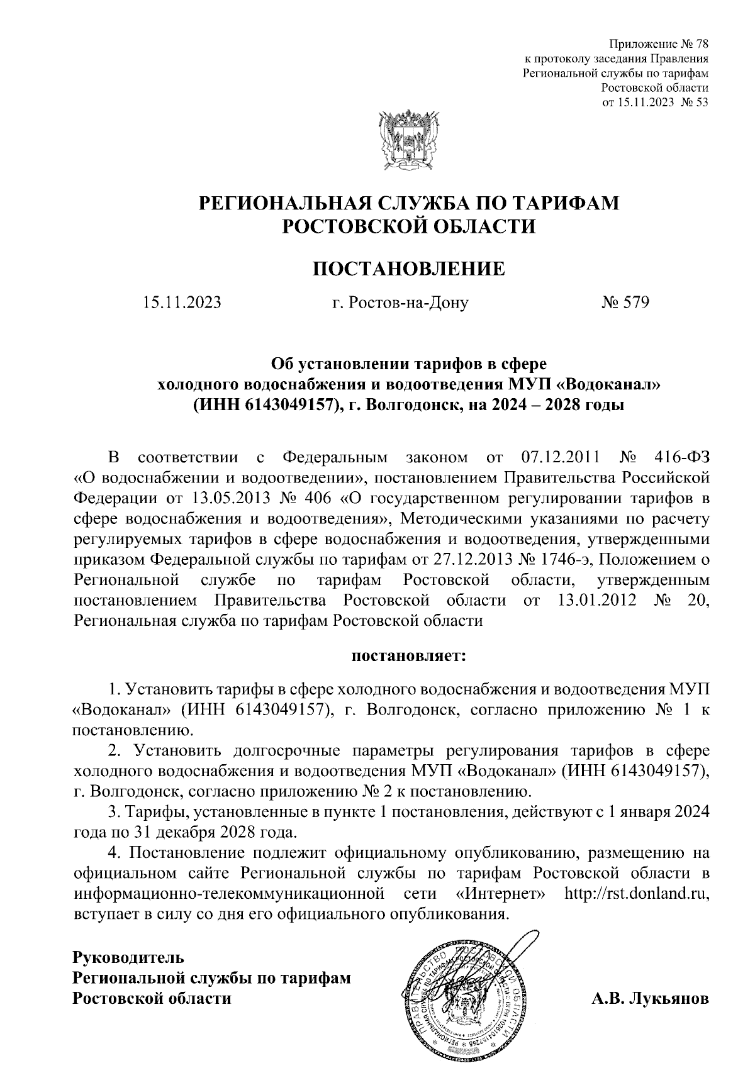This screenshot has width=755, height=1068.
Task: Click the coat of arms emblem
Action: [408, 141]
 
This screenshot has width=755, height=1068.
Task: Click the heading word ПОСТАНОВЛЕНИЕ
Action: [409, 269]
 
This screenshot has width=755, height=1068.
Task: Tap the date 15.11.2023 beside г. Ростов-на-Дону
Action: [182, 303]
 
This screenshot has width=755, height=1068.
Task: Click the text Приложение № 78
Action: [659, 45]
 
